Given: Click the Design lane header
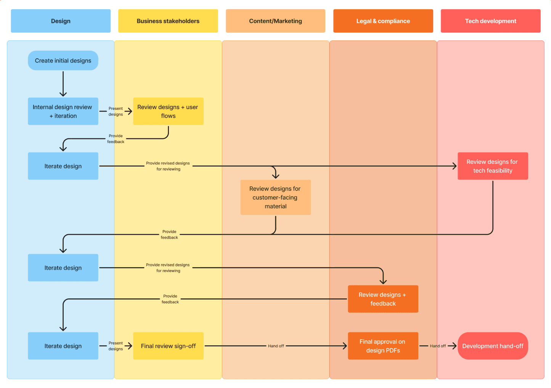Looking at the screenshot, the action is pos(61,21).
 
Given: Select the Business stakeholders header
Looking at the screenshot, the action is pos(168,21).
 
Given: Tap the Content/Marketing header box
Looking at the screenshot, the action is pos(275,21).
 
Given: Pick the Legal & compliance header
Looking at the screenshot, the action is pos(383,21).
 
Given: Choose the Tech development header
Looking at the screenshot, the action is pos(490,21).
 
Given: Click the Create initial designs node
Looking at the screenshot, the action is pos(63,61).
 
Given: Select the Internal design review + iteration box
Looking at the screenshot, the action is pos(63,111).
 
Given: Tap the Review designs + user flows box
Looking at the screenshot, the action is pos(168,111).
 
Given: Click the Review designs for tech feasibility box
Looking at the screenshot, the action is pos(493,166).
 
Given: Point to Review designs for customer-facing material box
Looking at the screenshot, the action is pos(275,197).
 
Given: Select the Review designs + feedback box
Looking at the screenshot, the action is pos(383,299).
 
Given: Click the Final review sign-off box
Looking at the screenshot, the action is pos(168,346).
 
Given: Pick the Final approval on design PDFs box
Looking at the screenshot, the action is pos(383,346).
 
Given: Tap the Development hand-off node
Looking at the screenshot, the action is pos(493,346).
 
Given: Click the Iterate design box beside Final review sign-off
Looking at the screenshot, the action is pos(63,346).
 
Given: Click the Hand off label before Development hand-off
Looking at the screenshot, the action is pos(438,346).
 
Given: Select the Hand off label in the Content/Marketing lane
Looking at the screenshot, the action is pos(276,346).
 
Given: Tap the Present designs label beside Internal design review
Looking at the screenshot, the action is pos(116,111).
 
